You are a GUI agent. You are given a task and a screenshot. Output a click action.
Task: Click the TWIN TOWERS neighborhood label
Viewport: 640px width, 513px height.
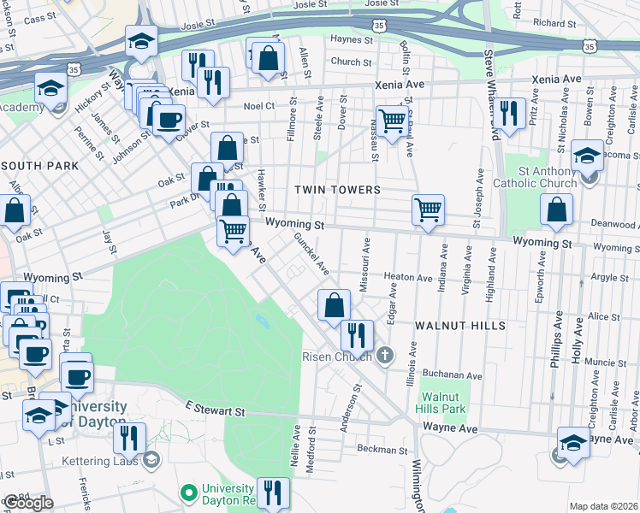click(x=337, y=189)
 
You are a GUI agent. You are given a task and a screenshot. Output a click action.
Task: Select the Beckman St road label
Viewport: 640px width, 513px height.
click(x=382, y=449)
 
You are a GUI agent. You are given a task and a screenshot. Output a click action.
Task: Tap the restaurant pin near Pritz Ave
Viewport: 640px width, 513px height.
click(x=509, y=112)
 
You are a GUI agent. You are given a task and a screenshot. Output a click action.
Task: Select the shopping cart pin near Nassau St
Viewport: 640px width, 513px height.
click(x=392, y=121)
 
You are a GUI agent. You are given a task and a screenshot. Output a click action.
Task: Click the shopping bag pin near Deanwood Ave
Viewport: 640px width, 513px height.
click(x=557, y=209)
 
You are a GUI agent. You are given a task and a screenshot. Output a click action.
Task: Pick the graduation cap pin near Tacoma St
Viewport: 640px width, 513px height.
click(x=587, y=155)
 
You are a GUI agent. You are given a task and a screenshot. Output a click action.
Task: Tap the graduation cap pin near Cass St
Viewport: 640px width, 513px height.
click(x=140, y=39)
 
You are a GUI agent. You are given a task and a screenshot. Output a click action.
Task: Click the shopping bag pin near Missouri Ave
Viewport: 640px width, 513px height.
click(x=334, y=304)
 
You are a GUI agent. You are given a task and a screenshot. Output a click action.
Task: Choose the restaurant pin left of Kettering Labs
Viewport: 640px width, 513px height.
click(x=129, y=437)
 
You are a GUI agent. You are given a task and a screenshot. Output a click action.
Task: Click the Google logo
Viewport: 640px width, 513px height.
click(x=27, y=503)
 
